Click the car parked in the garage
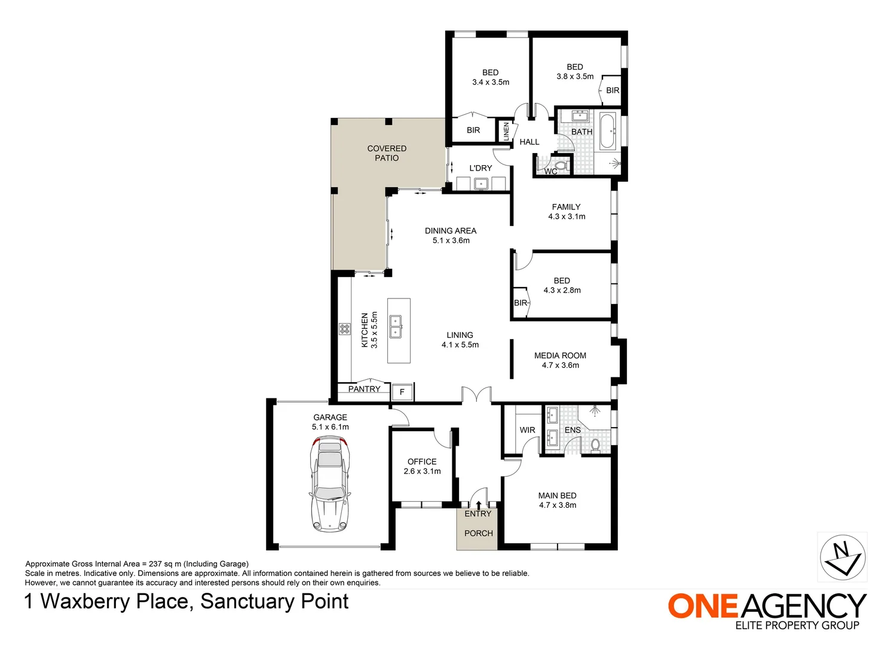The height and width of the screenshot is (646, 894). click(x=328, y=484)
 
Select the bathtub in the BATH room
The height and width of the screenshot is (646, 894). click(x=608, y=130)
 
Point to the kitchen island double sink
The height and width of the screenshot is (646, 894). click(x=396, y=327)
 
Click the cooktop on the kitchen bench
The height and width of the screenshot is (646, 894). click(x=345, y=328)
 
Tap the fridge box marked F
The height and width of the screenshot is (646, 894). click(x=402, y=392)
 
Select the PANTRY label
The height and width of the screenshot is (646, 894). click(x=364, y=389)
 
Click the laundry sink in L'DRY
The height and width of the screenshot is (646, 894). click(x=481, y=184)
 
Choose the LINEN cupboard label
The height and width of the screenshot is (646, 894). click(x=506, y=131)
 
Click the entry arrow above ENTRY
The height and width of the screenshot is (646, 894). click(x=478, y=505)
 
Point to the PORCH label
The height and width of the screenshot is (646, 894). click(x=479, y=533)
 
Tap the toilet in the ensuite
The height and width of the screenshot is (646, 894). click(x=595, y=444)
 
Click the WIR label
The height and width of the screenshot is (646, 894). click(x=527, y=430)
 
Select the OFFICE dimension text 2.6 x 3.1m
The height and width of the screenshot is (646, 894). click(x=422, y=471)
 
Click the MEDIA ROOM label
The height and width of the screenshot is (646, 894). click(x=560, y=355)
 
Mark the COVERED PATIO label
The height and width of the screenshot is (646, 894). click(x=387, y=153)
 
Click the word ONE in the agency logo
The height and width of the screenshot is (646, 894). click(x=703, y=606)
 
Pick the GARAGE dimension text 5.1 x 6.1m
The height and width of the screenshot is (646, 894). click(x=330, y=427)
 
